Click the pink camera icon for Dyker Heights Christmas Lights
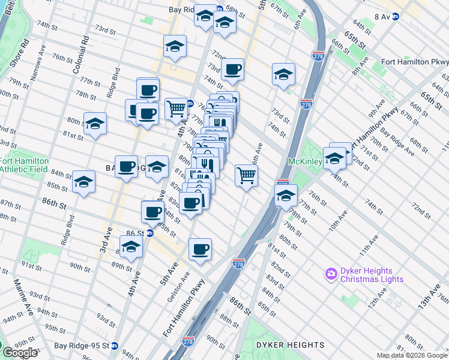[331, 274]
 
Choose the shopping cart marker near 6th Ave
[246, 175]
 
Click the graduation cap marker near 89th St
[131, 247]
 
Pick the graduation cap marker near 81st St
[95, 123]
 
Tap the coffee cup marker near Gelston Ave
[200, 248]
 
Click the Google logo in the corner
[20, 352]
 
